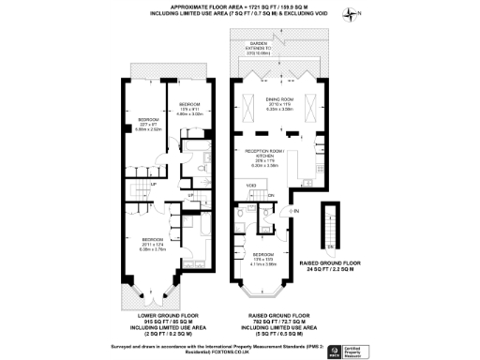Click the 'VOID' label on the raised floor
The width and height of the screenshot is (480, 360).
click(251, 187)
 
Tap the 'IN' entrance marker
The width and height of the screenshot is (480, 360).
click(293, 212)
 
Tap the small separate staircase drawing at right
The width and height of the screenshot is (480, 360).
click(329, 230)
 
